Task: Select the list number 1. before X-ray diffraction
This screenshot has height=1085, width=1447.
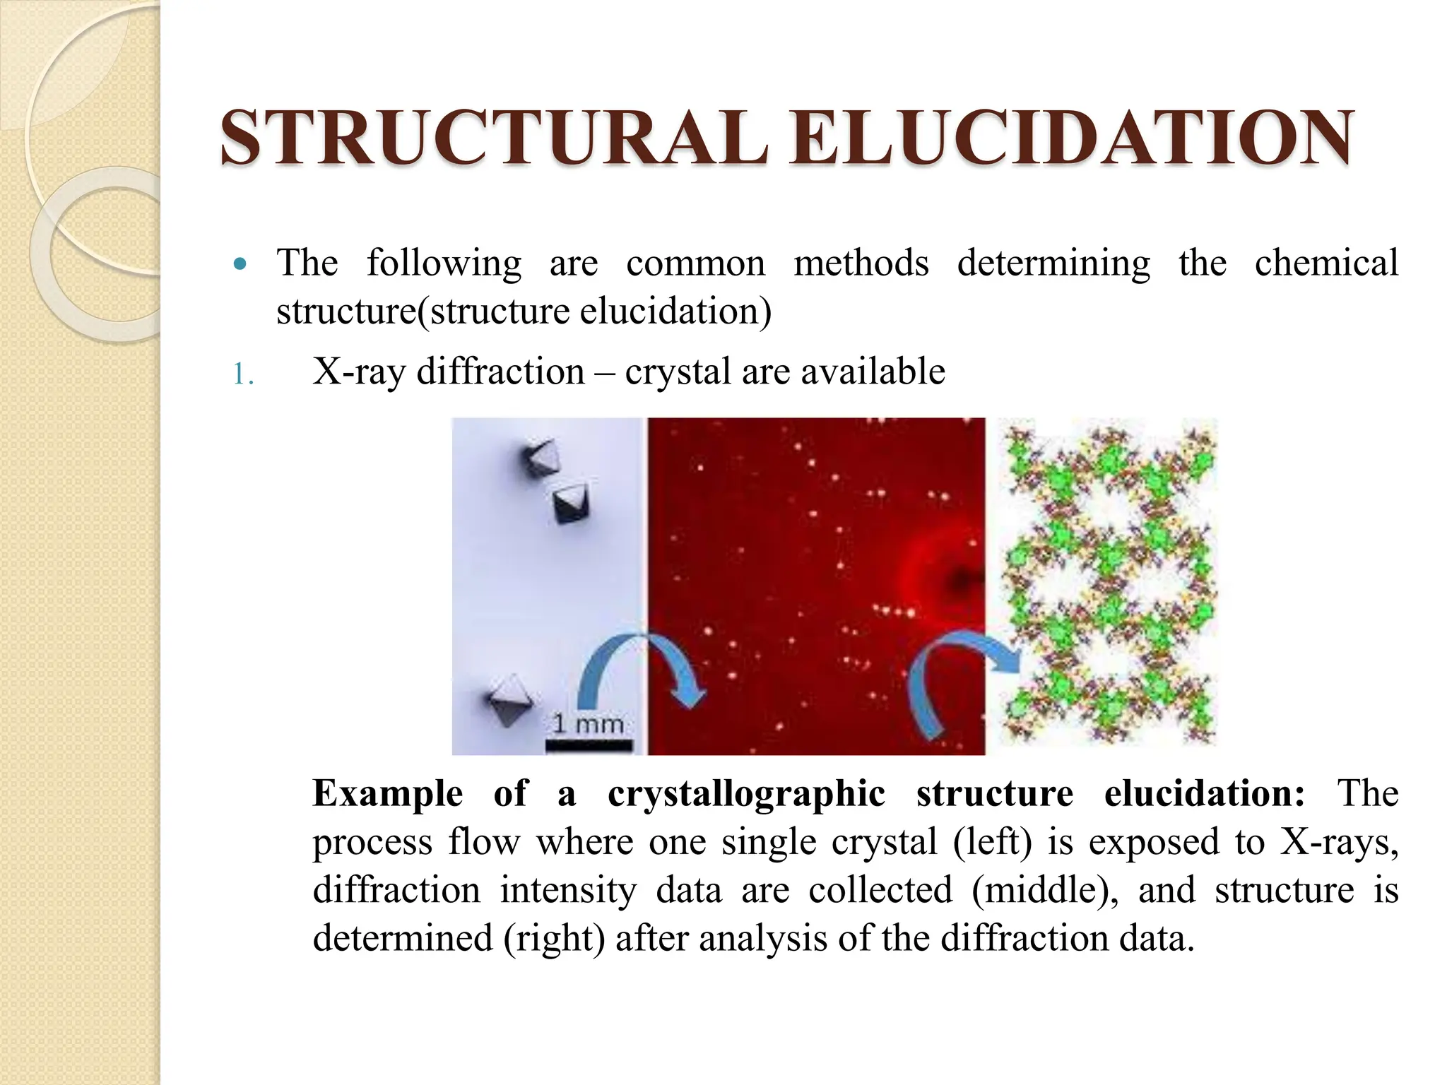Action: [x=243, y=374]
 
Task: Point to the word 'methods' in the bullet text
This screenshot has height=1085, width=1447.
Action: [x=861, y=263]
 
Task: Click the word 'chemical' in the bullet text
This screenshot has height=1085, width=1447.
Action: [x=1325, y=263]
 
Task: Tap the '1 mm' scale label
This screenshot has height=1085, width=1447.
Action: [x=588, y=724]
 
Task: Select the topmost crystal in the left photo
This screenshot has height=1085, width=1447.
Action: [x=540, y=459]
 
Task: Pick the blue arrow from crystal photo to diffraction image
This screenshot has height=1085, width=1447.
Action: [x=639, y=668]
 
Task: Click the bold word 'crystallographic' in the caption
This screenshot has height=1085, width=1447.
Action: [x=746, y=793]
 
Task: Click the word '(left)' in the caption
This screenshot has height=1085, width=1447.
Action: [x=992, y=842]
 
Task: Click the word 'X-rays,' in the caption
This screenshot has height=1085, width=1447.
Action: [x=1338, y=842]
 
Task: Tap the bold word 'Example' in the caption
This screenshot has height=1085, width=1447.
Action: [x=387, y=793]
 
